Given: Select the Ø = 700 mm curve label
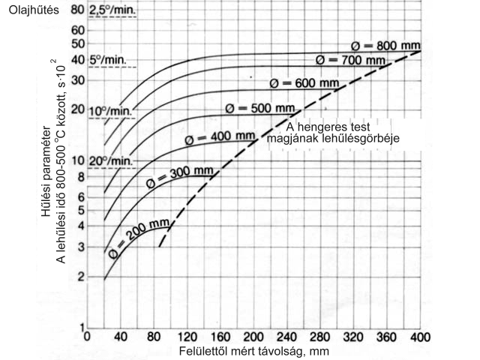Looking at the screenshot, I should click(x=350, y=58).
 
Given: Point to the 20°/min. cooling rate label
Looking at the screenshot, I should click(x=109, y=160).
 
